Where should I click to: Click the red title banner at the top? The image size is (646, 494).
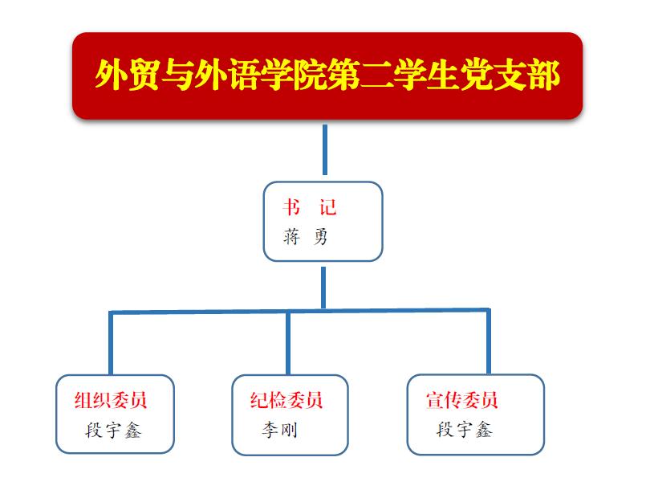327,76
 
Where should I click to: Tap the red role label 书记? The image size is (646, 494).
310,206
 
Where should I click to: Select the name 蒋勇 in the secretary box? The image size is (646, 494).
305,237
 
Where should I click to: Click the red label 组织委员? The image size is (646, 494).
111,400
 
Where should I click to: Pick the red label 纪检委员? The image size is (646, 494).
286,400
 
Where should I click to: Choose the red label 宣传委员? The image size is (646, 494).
462,400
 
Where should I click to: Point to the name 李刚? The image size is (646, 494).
279,430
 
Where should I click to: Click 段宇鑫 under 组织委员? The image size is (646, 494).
113,430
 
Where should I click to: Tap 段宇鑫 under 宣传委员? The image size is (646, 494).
465,429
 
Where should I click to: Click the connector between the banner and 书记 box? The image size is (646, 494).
325,149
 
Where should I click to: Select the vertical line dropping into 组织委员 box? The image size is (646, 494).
111,343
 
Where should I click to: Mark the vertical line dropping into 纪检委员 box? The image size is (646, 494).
288,343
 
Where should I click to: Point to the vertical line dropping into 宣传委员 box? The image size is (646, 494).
488,341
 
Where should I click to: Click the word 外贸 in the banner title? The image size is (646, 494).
128,75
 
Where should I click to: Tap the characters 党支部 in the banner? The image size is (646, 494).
510,75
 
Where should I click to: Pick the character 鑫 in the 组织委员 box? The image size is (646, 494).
132,431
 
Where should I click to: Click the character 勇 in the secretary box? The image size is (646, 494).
320,237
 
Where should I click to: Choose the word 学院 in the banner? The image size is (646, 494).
294,75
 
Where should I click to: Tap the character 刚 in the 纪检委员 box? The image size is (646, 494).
289,430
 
